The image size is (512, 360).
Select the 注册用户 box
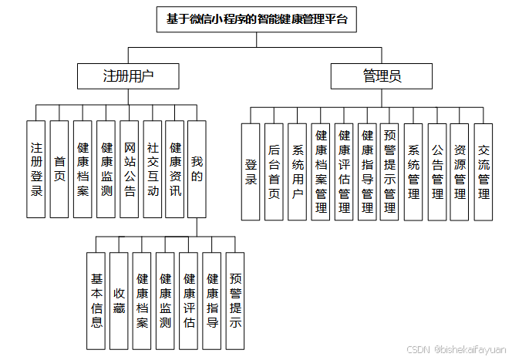(128, 76)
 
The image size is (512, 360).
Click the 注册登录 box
(36, 168)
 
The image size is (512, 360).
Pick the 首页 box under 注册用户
(59, 168)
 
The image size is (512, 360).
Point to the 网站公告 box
(130, 168)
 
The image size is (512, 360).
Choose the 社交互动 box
(153, 168)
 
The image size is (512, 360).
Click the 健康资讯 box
(175, 168)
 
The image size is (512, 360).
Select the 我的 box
(197, 168)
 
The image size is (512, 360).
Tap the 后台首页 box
(274, 171)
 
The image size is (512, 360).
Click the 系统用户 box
(297, 171)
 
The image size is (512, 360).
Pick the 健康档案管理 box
(321, 171)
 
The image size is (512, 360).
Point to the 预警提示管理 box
(389, 171)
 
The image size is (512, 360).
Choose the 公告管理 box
(437, 171)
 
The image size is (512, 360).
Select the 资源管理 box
(460, 171)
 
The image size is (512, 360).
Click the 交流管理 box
(483, 171)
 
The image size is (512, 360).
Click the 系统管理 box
(413, 171)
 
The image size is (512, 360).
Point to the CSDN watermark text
(456, 349)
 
